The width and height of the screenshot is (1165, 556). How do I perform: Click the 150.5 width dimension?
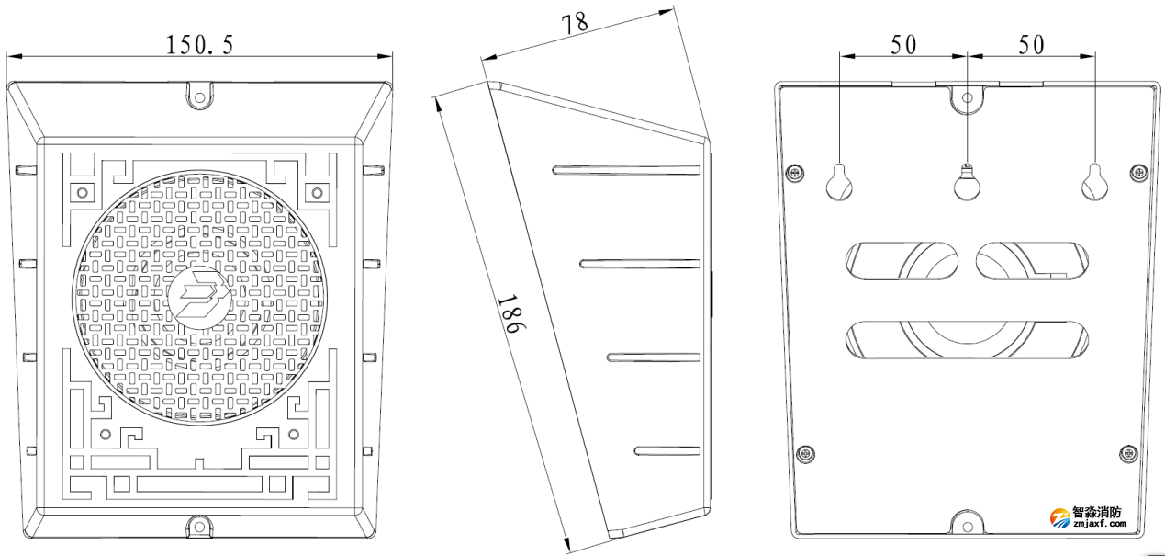click(199, 45)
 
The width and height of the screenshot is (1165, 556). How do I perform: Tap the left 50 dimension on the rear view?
click(903, 44)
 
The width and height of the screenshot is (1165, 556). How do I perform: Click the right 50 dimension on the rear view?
click(1032, 44)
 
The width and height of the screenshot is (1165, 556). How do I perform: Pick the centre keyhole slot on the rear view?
click(966, 183)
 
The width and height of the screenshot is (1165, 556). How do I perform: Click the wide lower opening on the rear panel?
click(968, 339)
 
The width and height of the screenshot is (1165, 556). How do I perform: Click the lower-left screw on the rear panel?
click(805, 452)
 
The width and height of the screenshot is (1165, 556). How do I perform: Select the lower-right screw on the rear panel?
click(1128, 452)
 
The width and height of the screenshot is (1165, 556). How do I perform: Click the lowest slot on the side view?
click(667, 449)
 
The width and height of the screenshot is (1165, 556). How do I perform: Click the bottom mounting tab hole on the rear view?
click(966, 526)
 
